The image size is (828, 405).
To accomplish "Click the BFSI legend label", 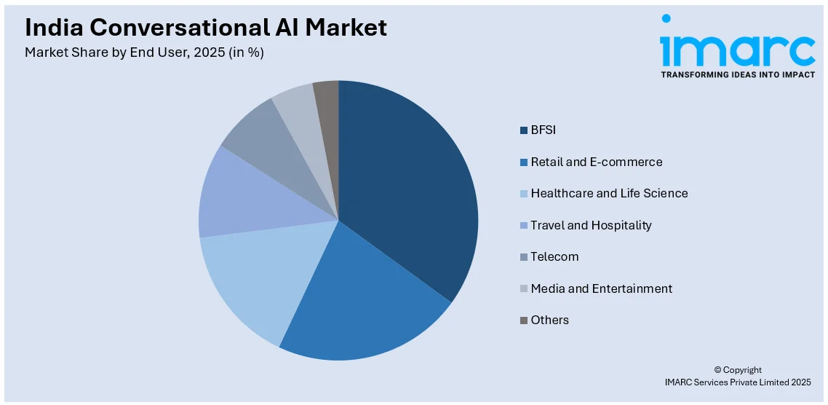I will [x=543, y=130].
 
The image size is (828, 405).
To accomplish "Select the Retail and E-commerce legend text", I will [x=597, y=162].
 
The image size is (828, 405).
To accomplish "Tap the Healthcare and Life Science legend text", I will [x=609, y=193].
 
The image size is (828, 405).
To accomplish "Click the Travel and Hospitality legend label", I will [x=591, y=225].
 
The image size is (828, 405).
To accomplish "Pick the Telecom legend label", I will [x=554, y=256].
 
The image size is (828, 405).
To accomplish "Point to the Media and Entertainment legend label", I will [x=601, y=288].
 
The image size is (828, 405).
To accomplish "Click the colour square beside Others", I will [x=523, y=321].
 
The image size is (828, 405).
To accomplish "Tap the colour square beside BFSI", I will [x=523, y=130].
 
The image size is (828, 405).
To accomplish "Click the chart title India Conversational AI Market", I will [x=206, y=28].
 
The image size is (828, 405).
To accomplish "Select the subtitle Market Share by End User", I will [x=144, y=52].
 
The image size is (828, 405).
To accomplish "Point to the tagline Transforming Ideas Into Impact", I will [x=737, y=74].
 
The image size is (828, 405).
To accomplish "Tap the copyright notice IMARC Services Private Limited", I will [x=737, y=382].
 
